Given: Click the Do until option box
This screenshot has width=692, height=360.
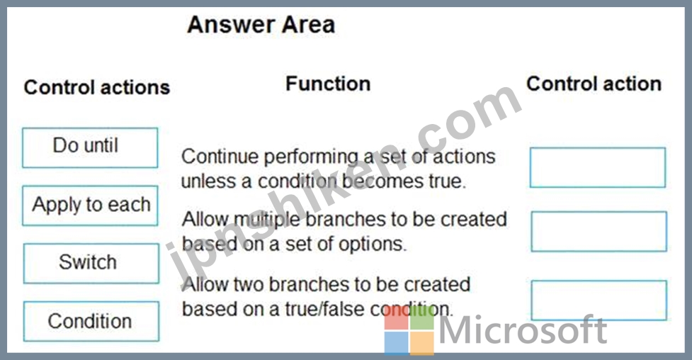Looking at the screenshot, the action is [90, 148].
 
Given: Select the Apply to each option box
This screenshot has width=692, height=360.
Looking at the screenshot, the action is [90, 206].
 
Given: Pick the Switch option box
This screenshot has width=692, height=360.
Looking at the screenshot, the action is [91, 263].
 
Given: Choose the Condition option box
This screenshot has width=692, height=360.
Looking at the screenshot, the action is [91, 321].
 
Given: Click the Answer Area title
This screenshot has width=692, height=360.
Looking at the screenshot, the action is [261, 24].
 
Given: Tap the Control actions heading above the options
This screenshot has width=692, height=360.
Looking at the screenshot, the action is [96, 87].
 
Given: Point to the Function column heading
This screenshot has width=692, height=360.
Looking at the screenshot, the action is [328, 84].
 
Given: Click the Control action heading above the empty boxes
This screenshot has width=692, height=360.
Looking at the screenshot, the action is [594, 84].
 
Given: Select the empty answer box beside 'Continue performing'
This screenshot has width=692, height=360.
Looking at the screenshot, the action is [598, 167].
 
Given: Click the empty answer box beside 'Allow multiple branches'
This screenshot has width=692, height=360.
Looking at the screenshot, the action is [599, 232].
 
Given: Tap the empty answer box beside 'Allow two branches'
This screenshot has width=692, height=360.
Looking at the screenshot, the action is [599, 300].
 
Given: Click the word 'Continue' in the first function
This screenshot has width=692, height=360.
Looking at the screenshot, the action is [220, 157].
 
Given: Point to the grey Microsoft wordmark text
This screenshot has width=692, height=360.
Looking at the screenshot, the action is [523, 330].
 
